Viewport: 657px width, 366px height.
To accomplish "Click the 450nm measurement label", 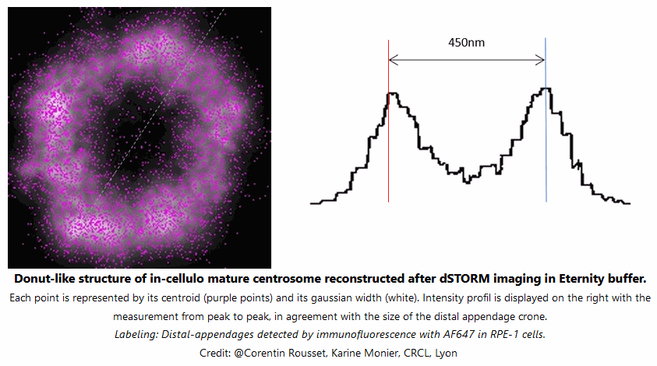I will pyautogui.click(x=466, y=42).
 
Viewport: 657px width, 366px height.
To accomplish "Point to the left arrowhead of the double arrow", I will pyautogui.click(x=392, y=59).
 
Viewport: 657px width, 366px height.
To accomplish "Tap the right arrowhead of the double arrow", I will pyautogui.click(x=542, y=59).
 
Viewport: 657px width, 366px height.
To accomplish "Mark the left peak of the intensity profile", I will pyautogui.click(x=393, y=94).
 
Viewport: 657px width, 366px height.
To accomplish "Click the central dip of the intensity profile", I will pyautogui.click(x=468, y=180).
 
